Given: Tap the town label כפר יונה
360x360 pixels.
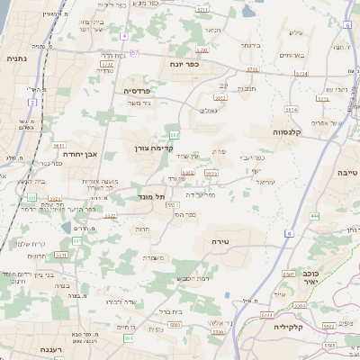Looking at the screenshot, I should click(x=183, y=65).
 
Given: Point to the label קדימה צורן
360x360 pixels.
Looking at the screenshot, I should click(x=153, y=147).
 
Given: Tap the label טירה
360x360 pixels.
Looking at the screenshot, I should click(x=221, y=241).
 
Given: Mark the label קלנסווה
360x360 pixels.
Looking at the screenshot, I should click(x=285, y=131).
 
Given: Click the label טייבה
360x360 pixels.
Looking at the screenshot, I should click(x=346, y=172).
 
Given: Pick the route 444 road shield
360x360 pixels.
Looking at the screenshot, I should click(x=314, y=216).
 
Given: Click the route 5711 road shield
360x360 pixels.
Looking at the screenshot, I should click(x=202, y=9).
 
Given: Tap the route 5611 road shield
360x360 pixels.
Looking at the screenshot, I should click(x=59, y=144).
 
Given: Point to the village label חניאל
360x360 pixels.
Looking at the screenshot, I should click(x=213, y=30).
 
